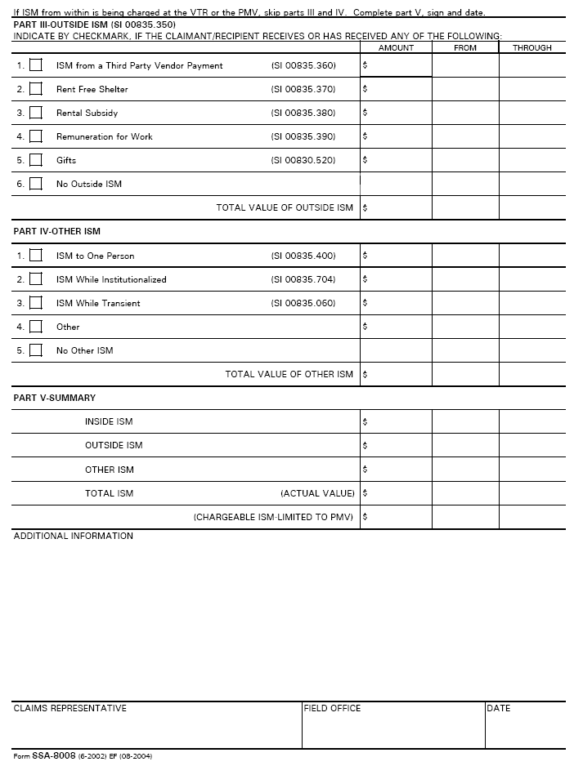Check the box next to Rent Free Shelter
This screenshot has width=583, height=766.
pos(36,89)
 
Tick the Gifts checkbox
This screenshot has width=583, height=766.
pos(36,160)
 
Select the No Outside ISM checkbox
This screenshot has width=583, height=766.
pos(36,184)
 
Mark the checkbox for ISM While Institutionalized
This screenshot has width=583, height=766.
pos(36,279)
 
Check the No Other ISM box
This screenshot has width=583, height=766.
pos(36,350)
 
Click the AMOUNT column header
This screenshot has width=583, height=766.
pos(396,48)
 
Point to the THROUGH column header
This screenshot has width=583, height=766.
pos(532,48)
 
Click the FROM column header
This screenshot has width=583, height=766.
pos(465,48)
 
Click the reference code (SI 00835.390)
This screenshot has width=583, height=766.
pos(303,136)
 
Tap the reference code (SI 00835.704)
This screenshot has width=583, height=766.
pos(303,279)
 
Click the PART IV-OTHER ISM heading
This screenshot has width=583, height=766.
pos(57,231)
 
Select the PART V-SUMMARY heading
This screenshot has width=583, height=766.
pos(55,398)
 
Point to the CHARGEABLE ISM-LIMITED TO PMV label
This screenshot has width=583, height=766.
pos(273,517)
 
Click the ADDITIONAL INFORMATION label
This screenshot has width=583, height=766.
pos(74,536)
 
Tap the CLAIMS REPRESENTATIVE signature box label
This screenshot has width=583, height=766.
pos(70,708)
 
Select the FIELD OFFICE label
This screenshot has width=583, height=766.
pos(332,708)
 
